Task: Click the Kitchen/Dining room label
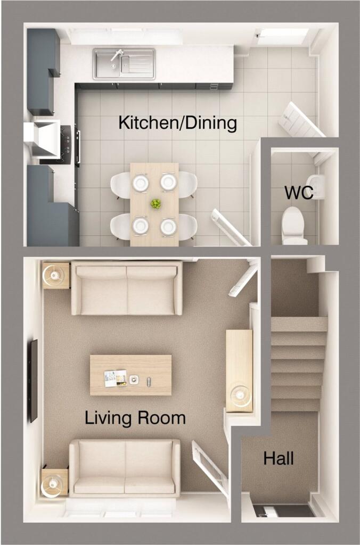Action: [x=178, y=123]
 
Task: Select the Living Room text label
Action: [x=135, y=418]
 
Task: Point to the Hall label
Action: [x=279, y=458]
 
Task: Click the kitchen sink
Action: [x=124, y=64]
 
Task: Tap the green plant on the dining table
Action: [x=156, y=204]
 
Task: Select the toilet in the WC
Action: [x=294, y=226]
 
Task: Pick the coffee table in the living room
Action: [x=131, y=375]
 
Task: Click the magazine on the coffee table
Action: [x=116, y=378]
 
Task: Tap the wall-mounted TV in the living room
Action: [x=34, y=381]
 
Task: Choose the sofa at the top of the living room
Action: [x=127, y=288]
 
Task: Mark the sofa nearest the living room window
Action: [x=125, y=467]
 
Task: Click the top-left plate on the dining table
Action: [x=140, y=182]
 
